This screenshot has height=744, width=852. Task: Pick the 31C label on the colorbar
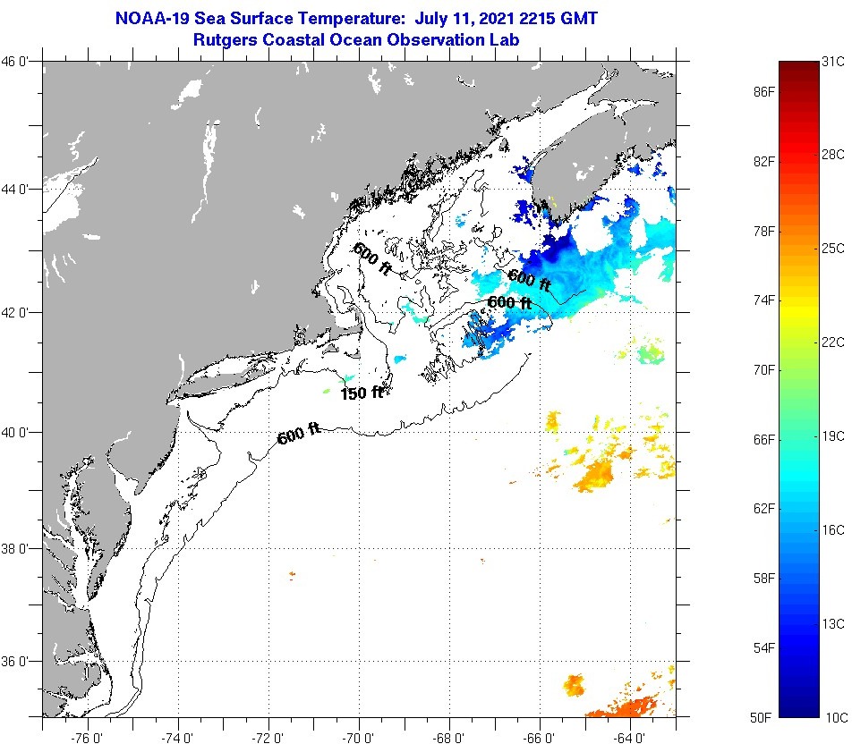click(x=833, y=62)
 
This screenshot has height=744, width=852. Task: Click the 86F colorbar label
click(x=763, y=92)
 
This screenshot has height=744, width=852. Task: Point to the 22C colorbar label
click(x=833, y=342)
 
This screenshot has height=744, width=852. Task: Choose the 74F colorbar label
click(x=763, y=300)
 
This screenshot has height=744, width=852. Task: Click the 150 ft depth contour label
click(x=362, y=393)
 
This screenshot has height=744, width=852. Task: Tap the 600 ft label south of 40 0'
click(x=299, y=435)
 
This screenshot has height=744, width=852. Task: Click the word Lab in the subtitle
click(x=506, y=39)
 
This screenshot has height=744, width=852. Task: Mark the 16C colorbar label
click(x=833, y=529)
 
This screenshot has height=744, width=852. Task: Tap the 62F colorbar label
click(x=763, y=509)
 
